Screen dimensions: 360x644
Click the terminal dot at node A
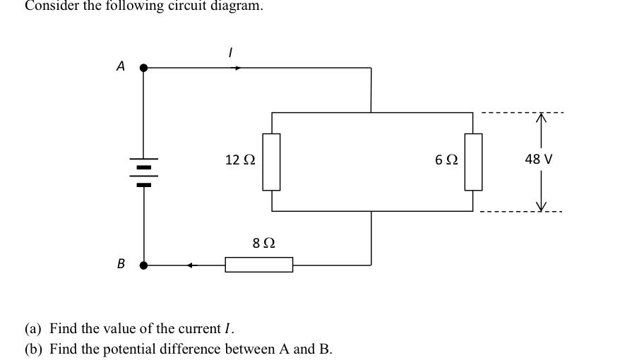(144, 68)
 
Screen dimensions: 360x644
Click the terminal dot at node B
(144, 265)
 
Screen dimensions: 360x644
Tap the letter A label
(121, 66)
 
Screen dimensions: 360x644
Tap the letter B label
(121, 264)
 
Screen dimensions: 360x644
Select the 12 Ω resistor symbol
(272, 162)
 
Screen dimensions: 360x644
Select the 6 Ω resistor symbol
(473, 162)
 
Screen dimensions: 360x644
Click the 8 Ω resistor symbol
(259, 265)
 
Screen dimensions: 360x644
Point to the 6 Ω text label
(446, 160)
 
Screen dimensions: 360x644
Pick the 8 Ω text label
(263, 244)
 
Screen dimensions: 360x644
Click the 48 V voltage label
(539, 160)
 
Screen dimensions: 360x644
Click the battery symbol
(144, 172)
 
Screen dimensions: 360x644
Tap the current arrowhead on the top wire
(239, 68)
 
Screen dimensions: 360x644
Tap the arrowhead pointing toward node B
(191, 265)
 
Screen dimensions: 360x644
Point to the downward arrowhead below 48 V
(542, 205)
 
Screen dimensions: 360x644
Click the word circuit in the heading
(168, 6)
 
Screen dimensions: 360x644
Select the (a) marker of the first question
(33, 329)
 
